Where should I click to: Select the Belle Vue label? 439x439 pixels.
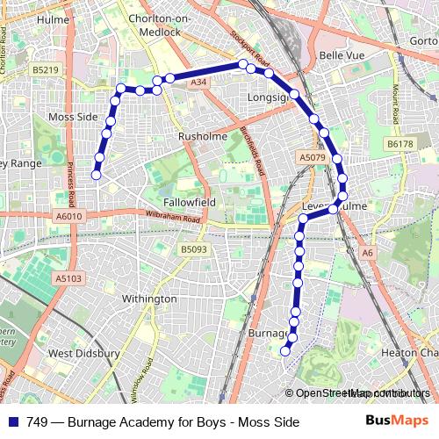(342, 55)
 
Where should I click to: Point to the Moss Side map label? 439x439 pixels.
(73, 117)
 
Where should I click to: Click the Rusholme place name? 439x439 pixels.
(202, 137)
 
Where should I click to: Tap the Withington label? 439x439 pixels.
(148, 299)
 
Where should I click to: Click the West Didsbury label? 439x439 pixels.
(83, 354)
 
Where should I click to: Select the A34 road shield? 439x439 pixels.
(198, 83)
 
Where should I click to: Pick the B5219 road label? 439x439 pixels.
(45, 68)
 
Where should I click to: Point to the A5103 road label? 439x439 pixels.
(68, 278)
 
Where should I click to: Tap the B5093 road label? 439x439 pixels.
(195, 250)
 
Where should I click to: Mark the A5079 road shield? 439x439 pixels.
(312, 158)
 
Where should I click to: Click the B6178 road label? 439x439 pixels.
(399, 143)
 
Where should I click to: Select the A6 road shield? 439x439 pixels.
(367, 253)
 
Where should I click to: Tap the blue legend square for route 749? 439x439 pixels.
(14, 421)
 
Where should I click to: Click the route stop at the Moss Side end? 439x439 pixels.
(96, 176)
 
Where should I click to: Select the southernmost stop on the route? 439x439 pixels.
(284, 351)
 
